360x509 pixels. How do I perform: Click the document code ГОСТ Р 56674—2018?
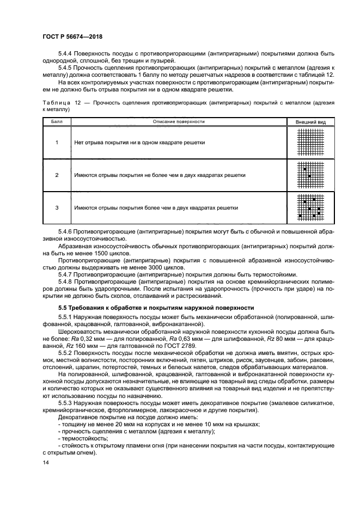pyautogui.click(x=72, y=37)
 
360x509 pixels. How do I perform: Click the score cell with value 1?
pyautogui.click(x=57, y=143)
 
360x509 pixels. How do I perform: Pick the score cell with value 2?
pyautogui.click(x=57, y=175)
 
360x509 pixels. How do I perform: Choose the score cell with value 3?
pyautogui.click(x=57, y=208)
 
